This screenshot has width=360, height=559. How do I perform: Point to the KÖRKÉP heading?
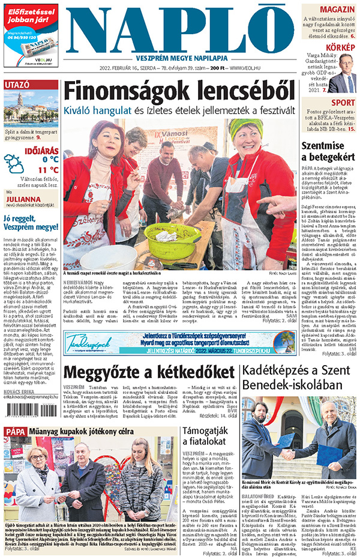coord(340,47)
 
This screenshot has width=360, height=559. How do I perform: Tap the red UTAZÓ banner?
coord(30,85)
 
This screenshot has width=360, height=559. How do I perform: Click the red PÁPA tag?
coord(16,431)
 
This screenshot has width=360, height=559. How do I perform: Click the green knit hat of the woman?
coord(242,126)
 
